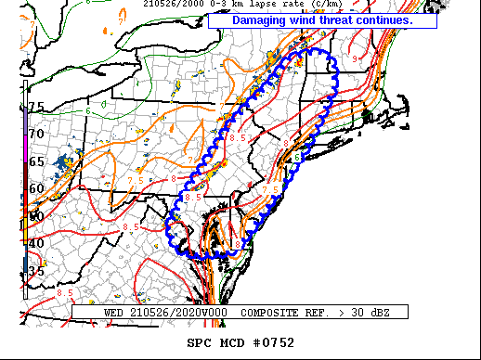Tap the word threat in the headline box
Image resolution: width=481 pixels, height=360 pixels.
pos(326,19)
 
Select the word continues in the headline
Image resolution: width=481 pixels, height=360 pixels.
pos(380,19)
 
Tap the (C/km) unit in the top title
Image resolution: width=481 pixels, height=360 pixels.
pos(311,4)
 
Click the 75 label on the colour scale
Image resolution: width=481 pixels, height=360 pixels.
pos(35,108)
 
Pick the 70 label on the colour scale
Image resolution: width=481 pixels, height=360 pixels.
pos(35,135)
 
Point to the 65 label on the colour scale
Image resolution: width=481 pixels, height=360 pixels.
pos(35,161)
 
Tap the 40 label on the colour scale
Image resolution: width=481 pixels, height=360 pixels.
pos(35,243)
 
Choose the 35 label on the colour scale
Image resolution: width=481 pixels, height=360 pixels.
pos(35,271)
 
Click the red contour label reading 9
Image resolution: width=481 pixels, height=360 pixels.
pos(355,59)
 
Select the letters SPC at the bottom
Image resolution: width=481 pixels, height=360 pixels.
pos(200,342)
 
